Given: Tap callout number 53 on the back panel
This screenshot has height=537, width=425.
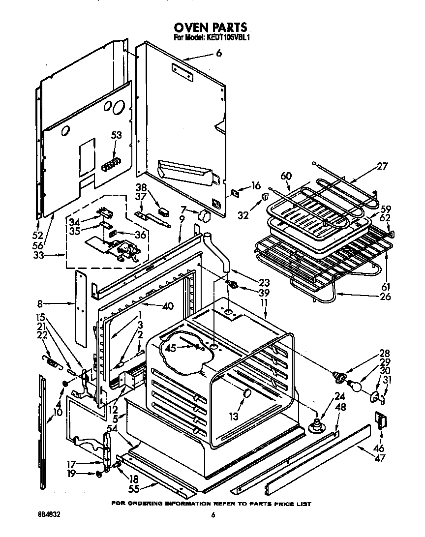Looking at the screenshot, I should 116,135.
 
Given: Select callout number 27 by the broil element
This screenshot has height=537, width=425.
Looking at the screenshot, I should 382,166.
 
